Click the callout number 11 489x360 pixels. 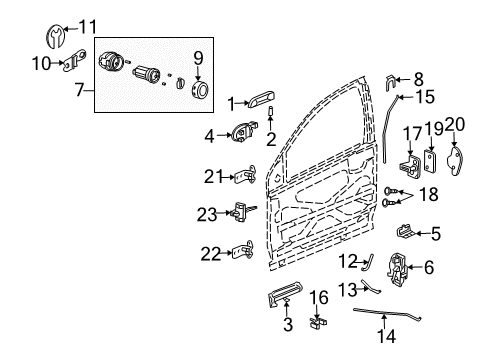(89, 25)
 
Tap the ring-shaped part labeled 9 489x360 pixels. (198, 91)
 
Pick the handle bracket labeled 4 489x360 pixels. (247, 131)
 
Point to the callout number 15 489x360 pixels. (425, 97)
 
